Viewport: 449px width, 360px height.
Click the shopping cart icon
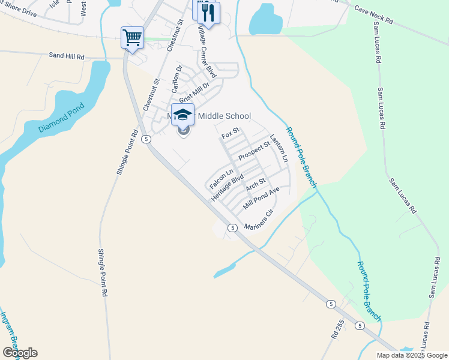click(132, 38)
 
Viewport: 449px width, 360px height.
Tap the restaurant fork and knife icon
click(208, 13)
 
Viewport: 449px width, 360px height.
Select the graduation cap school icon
click(182, 115)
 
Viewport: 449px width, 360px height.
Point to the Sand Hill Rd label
click(67, 55)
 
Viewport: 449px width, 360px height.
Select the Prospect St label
click(255, 151)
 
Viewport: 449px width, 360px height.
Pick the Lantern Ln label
click(279, 148)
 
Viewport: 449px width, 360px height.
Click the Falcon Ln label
click(221, 179)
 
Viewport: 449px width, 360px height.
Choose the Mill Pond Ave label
click(261, 199)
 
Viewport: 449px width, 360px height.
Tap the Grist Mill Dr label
click(193, 93)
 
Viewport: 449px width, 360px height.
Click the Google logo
click(20, 353)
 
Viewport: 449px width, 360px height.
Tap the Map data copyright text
click(412, 355)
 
